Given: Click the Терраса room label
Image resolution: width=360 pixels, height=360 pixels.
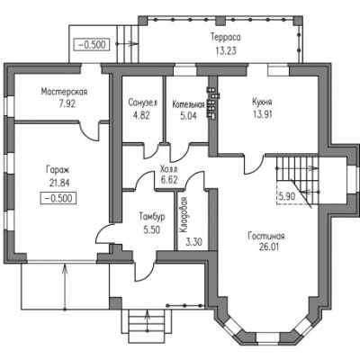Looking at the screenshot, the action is [x=226, y=38].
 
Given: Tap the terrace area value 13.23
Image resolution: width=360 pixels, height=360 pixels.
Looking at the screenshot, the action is [x=226, y=50].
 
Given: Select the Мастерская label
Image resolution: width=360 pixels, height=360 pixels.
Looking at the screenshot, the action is [x=64, y=92].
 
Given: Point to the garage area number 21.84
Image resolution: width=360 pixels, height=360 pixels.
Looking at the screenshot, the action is [x=59, y=183].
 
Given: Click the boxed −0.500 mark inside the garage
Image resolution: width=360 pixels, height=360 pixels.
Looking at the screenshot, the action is [x=58, y=198].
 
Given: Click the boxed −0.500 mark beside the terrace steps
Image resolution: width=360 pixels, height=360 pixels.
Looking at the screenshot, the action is [x=92, y=45].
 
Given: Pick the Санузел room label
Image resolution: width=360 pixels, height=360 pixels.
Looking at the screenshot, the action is [x=143, y=103].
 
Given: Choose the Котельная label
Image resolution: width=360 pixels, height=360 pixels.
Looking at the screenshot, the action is [x=188, y=104].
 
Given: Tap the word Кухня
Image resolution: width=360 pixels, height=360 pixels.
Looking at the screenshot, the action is [x=262, y=102].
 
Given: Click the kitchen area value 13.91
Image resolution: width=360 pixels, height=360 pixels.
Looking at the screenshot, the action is [x=262, y=114].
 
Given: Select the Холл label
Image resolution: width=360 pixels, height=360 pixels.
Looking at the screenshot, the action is [x=168, y=168].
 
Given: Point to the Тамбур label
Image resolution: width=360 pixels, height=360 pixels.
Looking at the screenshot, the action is [x=152, y=216].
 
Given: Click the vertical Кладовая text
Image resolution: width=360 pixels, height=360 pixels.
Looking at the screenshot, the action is [x=184, y=215].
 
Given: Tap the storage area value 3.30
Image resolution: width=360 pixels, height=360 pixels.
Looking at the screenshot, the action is [x=193, y=241].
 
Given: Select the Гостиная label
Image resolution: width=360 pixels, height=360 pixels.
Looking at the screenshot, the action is [x=266, y=236].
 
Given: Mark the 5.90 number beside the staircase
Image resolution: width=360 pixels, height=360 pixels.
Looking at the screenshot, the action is [x=287, y=196].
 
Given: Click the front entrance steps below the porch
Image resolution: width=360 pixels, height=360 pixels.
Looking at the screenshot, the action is [x=147, y=327].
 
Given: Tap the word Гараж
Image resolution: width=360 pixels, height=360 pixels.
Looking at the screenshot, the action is [x=58, y=170].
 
